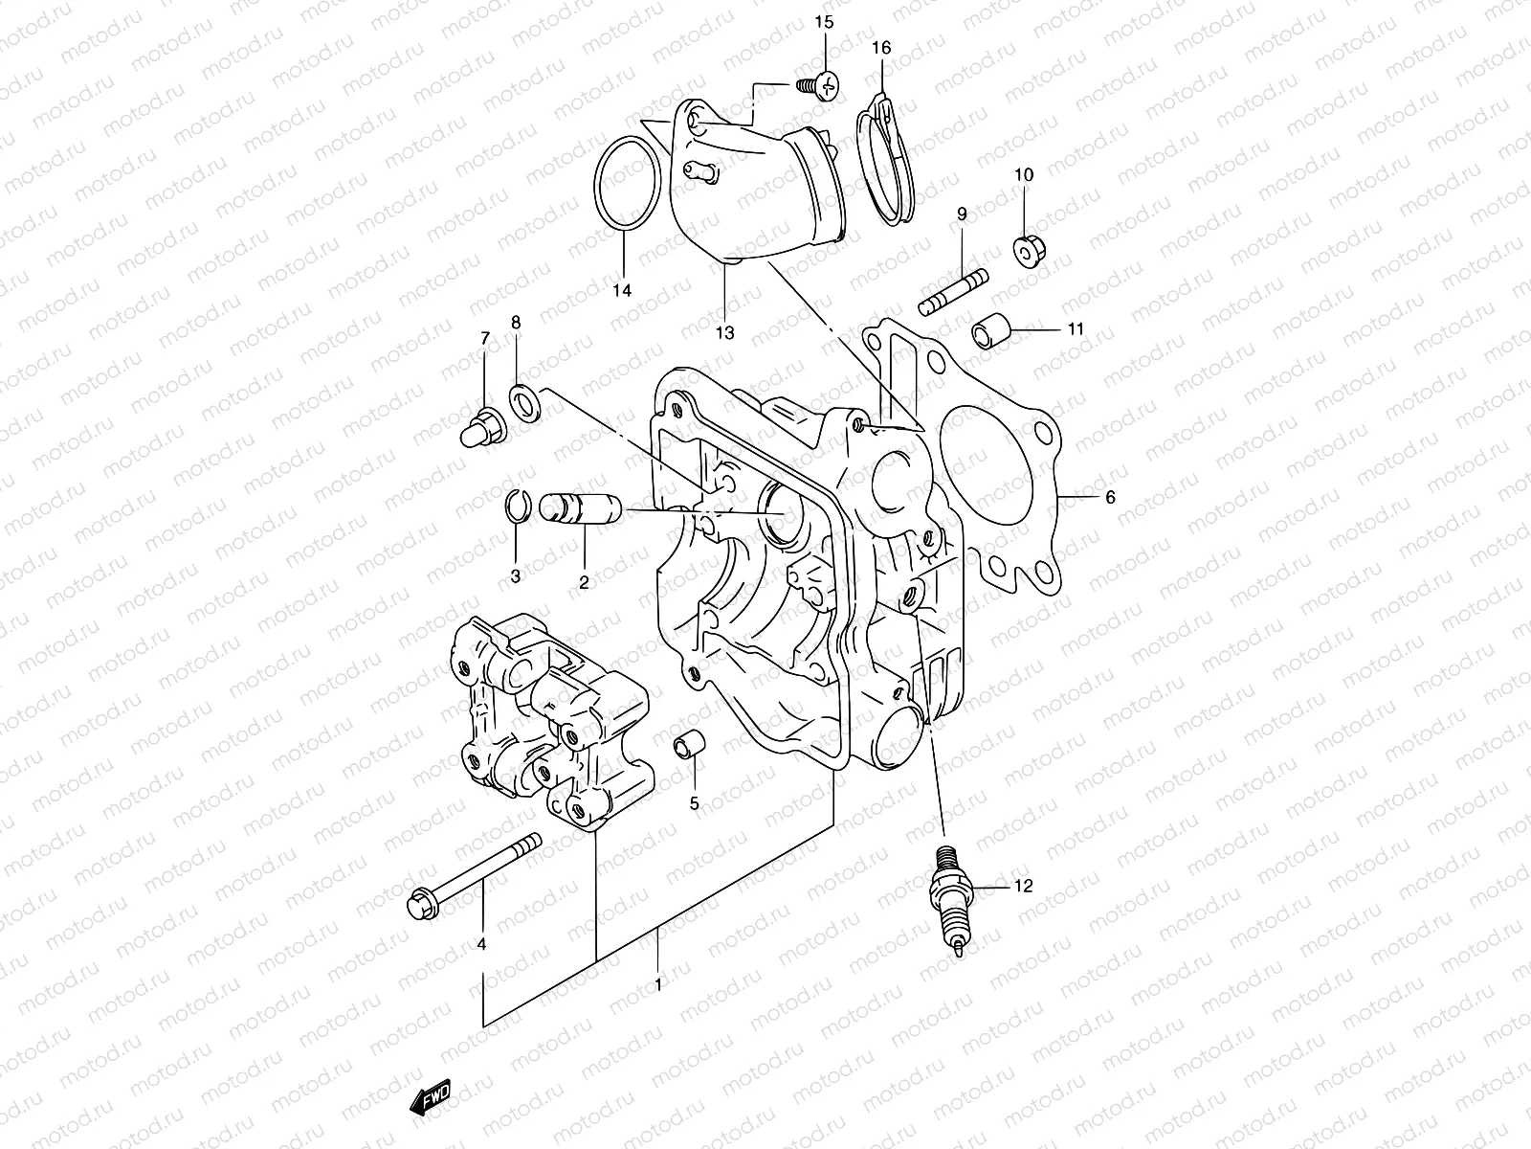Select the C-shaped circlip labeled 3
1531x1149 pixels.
tap(514, 507)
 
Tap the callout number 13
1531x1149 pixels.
tap(724, 333)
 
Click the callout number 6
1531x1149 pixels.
tap(1110, 498)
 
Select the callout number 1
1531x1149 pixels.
tap(657, 982)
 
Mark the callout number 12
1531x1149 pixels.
tap(1023, 887)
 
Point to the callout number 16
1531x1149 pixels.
tap(881, 48)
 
